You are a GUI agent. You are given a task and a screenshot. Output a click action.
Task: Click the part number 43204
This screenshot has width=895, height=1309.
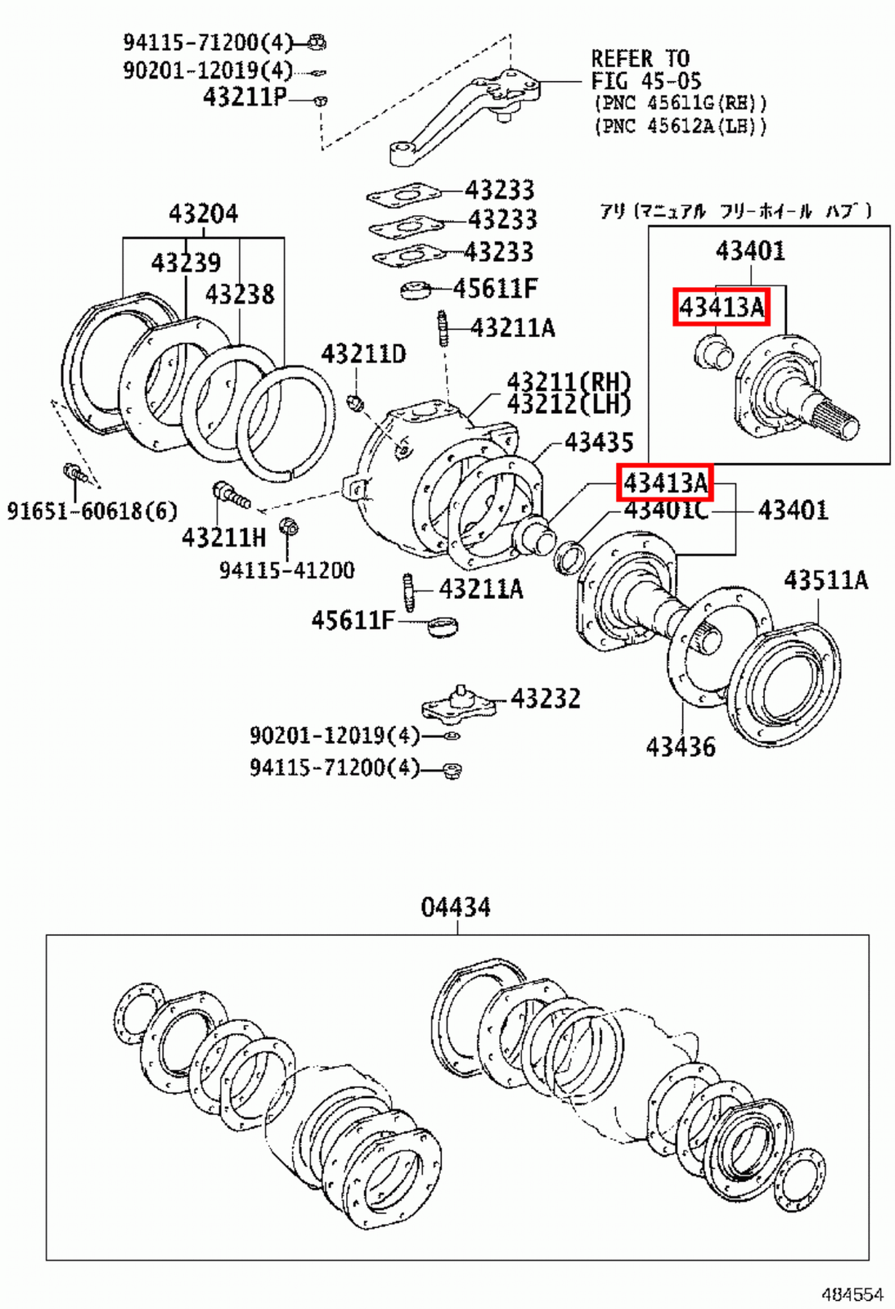[203, 214]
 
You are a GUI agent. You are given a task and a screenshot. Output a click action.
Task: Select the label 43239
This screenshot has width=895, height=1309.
[186, 263]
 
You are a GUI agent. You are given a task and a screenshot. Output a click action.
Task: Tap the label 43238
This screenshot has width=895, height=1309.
[239, 294]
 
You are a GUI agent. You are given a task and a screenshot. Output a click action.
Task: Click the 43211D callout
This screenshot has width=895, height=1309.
[363, 354]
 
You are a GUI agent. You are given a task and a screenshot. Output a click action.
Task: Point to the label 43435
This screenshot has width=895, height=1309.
[599, 443]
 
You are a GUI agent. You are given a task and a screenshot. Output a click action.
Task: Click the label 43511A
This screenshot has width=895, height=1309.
[825, 580]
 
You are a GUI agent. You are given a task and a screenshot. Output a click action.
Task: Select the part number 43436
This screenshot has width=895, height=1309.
[680, 746]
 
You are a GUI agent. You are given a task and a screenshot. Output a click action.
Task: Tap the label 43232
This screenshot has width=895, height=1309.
[546, 699]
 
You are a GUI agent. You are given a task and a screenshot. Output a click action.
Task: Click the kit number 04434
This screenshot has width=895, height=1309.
[456, 907]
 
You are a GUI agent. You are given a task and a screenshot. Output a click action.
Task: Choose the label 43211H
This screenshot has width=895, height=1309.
[223, 538]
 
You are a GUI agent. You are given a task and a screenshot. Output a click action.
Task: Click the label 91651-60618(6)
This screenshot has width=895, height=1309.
[92, 511]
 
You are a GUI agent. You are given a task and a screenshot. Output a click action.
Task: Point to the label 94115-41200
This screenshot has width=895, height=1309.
[286, 570]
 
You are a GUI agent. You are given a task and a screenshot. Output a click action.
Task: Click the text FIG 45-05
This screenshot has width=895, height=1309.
[645, 81]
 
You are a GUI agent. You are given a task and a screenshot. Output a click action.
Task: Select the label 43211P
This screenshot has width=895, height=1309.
[244, 97]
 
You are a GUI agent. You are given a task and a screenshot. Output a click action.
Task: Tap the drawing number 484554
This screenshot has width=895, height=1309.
[852, 1294]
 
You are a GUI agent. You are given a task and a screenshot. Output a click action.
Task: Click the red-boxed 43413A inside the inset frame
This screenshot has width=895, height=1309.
[721, 307]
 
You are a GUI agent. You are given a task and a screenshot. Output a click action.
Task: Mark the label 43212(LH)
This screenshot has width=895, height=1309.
[569, 403]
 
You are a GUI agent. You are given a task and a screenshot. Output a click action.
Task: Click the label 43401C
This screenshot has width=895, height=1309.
[666, 511]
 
